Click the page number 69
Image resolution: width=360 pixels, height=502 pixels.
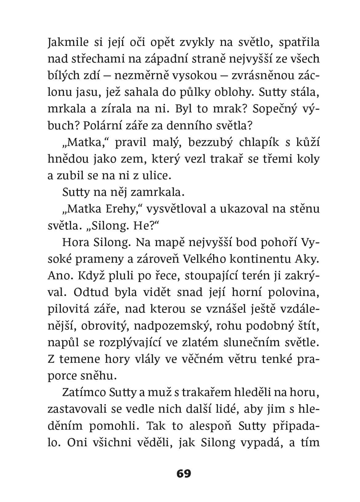[x=184, y=473]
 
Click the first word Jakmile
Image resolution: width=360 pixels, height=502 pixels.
[x=68, y=42]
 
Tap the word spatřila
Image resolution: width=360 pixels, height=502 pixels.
[x=299, y=42]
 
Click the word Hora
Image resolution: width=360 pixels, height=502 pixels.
[x=75, y=242]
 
